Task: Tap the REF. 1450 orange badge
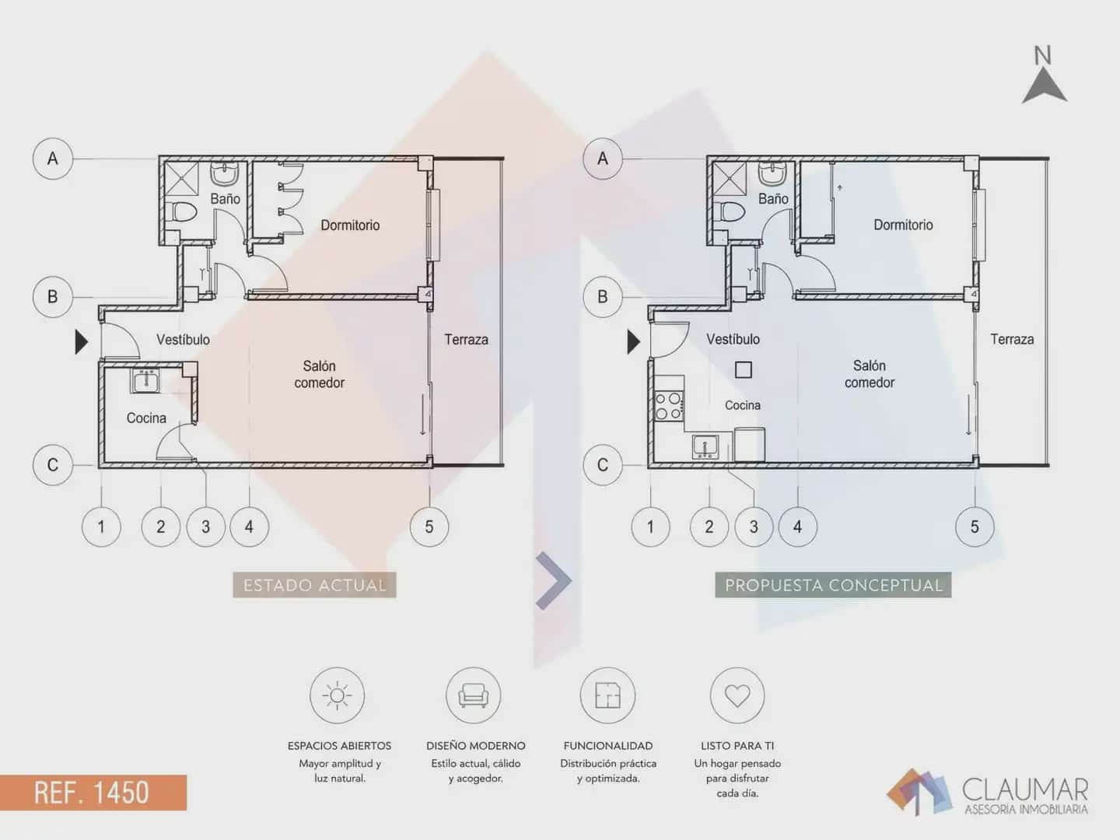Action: (93, 792)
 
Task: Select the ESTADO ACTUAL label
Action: (314, 585)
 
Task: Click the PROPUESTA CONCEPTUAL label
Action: (833, 585)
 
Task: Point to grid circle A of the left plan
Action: (53, 159)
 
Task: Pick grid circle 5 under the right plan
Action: (975, 527)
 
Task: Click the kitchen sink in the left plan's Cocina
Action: (145, 380)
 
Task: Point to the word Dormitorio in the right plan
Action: (903, 225)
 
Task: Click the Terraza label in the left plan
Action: (466, 340)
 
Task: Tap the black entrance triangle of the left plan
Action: (81, 341)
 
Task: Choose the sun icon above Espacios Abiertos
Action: (338, 695)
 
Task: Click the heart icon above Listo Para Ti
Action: (737, 695)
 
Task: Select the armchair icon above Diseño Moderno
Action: (474, 695)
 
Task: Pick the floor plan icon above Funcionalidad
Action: (607, 695)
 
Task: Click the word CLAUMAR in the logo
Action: (1024, 789)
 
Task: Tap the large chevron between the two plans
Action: (554, 580)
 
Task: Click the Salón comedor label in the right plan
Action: (870, 374)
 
